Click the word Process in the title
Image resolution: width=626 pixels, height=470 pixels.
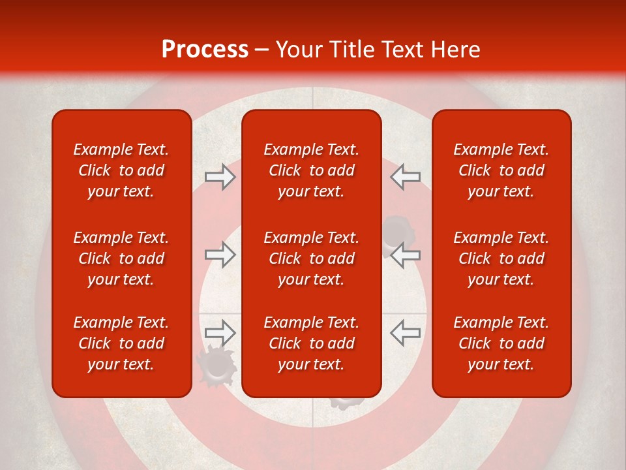coord(205,50)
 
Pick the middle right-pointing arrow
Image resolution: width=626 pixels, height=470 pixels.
coord(220,255)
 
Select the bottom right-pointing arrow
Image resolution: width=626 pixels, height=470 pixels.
coord(220,332)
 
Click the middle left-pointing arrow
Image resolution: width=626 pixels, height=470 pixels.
coord(405,255)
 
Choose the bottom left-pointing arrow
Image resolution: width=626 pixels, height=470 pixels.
coord(405,332)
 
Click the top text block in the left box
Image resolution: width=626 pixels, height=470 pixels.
coord(121,170)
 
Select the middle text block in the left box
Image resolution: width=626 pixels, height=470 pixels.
coord(121,258)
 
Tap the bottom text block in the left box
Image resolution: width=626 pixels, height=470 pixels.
coord(121,343)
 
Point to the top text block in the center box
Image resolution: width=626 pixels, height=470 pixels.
coord(311,170)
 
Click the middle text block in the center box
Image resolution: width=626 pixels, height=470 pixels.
coord(311,258)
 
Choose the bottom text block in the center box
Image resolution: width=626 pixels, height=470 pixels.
coord(311,343)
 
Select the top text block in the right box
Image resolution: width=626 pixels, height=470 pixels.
coord(501,170)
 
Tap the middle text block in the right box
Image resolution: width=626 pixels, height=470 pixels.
coord(501,258)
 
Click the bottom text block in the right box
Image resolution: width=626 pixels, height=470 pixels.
coord(501,343)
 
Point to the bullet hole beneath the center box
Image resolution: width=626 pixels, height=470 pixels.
coord(341,401)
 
